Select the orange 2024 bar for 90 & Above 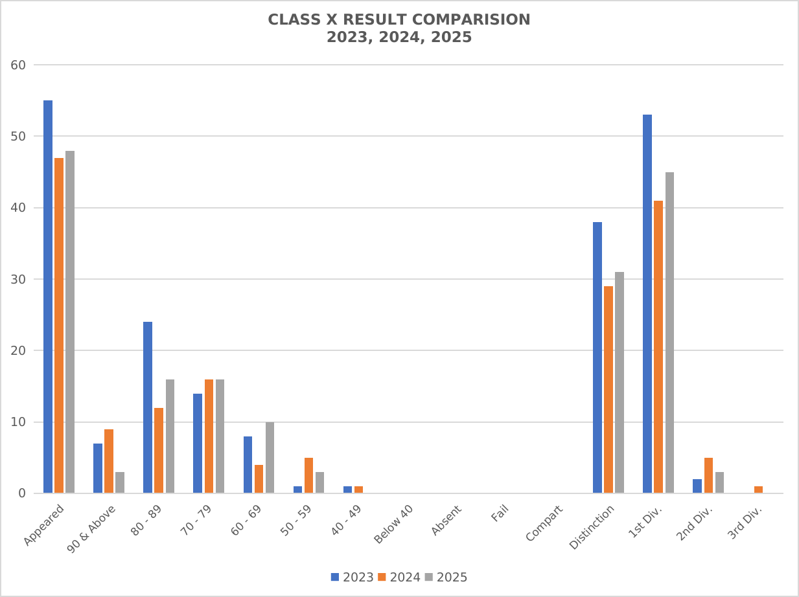(109, 461)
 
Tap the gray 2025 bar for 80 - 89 (170, 436)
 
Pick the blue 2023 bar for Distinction (597, 357)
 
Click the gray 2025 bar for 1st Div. (669, 333)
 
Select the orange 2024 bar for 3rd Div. (758, 490)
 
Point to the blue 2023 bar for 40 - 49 (347, 490)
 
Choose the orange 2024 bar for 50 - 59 (308, 475)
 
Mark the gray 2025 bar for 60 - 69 (270, 458)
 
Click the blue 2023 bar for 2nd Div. (697, 486)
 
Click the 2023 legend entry (353, 578)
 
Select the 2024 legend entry (399, 578)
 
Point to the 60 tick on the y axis (18, 65)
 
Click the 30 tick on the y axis (18, 279)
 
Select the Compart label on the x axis (544, 523)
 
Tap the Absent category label (446, 521)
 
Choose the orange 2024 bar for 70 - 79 (209, 436)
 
